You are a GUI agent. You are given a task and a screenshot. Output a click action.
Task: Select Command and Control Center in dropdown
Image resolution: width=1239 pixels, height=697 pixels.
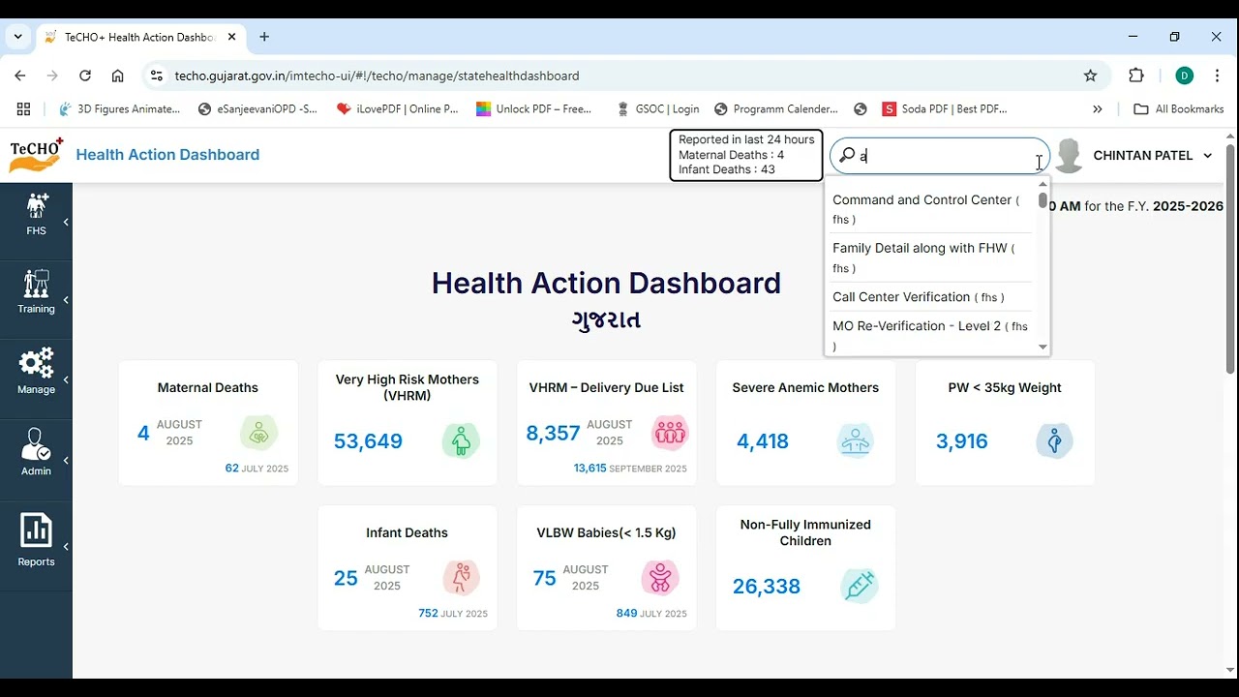tap(922, 200)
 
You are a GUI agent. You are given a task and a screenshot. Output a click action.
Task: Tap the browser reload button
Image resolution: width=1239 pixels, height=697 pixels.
tap(85, 76)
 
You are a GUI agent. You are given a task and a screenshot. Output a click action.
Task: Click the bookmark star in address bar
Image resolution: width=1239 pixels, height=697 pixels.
tap(1090, 76)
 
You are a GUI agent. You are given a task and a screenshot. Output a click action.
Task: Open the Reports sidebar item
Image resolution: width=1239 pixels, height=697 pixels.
tap(36, 540)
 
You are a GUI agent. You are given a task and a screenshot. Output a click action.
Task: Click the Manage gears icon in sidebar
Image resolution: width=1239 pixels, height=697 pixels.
tap(36, 364)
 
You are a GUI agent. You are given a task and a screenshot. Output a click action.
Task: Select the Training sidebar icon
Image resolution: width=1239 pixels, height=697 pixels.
tap(36, 284)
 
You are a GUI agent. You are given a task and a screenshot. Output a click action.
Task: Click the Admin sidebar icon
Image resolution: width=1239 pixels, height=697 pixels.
tap(36, 445)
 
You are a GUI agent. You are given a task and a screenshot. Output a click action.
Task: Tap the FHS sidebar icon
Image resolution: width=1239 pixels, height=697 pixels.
tap(36, 206)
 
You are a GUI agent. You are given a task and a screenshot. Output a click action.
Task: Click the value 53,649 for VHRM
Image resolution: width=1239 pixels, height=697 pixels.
tap(368, 441)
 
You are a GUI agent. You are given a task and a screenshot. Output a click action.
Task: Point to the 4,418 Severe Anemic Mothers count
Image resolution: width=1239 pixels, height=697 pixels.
tap(763, 441)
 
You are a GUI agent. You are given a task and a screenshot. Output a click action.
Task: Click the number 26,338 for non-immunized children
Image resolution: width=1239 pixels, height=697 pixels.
tap(767, 587)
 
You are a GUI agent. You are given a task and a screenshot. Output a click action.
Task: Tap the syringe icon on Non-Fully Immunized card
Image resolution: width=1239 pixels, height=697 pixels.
tap(860, 586)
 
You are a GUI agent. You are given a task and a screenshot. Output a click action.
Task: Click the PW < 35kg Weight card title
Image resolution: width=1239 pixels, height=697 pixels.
tap(1005, 388)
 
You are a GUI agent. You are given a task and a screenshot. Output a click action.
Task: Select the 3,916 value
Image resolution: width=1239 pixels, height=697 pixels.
tap(961, 441)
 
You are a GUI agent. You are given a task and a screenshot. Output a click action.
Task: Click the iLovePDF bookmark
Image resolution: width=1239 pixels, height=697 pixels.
tap(397, 109)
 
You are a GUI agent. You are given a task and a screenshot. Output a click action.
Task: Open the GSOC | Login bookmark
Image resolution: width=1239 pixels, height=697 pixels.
tap(657, 109)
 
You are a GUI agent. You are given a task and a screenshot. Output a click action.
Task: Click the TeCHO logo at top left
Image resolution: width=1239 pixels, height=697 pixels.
tap(36, 155)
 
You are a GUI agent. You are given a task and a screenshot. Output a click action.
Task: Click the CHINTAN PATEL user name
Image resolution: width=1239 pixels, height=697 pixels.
tap(1142, 156)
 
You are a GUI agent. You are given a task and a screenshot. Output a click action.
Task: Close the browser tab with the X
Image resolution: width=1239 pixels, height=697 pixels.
tap(231, 37)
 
